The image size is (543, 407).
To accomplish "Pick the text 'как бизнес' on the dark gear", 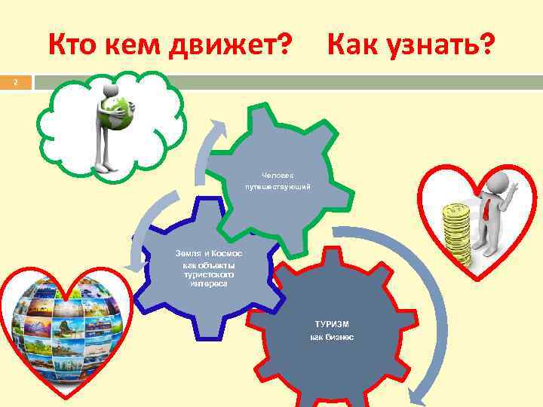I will [332, 337].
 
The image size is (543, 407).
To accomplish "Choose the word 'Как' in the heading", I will [354, 46].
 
